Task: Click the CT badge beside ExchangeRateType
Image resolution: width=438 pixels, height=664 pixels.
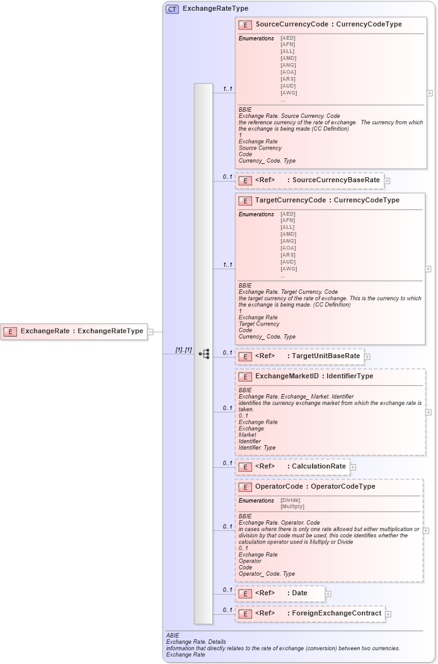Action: (172, 9)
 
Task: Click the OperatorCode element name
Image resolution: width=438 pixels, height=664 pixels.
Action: (279, 486)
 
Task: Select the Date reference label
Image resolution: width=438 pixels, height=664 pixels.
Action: (299, 593)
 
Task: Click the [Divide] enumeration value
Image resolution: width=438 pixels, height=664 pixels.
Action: (291, 500)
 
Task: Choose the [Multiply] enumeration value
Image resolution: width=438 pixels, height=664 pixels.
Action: (292, 506)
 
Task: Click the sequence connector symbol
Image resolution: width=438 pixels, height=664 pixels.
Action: (204, 354)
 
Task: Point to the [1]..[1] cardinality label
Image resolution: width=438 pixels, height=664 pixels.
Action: (183, 349)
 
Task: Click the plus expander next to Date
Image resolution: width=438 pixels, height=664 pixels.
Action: (328, 593)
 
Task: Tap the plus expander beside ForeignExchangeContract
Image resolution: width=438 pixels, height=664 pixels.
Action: (388, 614)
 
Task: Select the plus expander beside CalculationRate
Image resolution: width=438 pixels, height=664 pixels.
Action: (353, 467)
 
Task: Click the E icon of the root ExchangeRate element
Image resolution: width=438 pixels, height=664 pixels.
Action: (9, 331)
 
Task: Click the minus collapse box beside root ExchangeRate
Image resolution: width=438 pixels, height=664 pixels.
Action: (150, 331)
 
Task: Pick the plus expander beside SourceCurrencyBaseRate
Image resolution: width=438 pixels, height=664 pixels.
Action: (387, 180)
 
